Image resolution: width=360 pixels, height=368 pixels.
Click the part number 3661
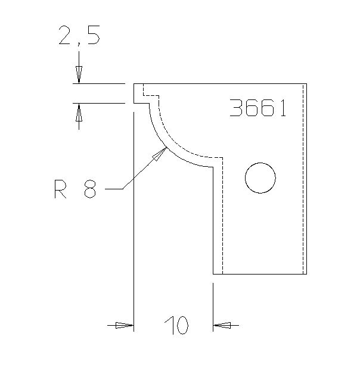258,108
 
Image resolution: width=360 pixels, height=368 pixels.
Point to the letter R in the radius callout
60,191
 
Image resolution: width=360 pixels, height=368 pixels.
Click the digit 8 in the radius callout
90,191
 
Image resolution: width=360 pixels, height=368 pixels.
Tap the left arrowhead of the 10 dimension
125,325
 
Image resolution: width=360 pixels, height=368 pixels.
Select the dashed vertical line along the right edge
303,179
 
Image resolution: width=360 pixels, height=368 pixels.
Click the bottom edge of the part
260,274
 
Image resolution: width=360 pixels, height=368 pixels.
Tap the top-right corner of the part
306,84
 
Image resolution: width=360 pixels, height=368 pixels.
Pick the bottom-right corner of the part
306,274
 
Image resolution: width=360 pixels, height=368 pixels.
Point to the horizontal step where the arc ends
202,167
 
